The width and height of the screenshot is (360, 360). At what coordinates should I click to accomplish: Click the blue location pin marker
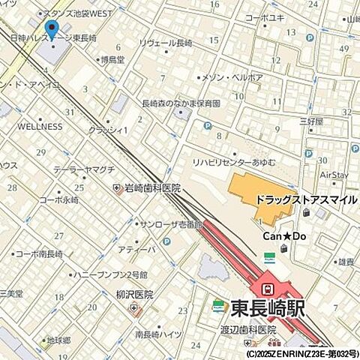(x=51, y=31)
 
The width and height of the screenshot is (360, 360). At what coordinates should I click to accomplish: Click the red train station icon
(x=266, y=288)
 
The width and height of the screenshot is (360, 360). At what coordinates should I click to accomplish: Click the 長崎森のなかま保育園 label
(x=181, y=103)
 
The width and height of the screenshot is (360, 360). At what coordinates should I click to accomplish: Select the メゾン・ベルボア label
(x=233, y=77)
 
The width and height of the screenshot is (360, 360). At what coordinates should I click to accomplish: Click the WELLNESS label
(x=40, y=127)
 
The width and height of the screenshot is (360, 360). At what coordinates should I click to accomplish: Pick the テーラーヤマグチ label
(x=83, y=169)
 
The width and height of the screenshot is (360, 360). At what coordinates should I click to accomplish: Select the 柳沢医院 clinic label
(x=134, y=295)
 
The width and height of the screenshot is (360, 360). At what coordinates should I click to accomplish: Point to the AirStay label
(x=334, y=175)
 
